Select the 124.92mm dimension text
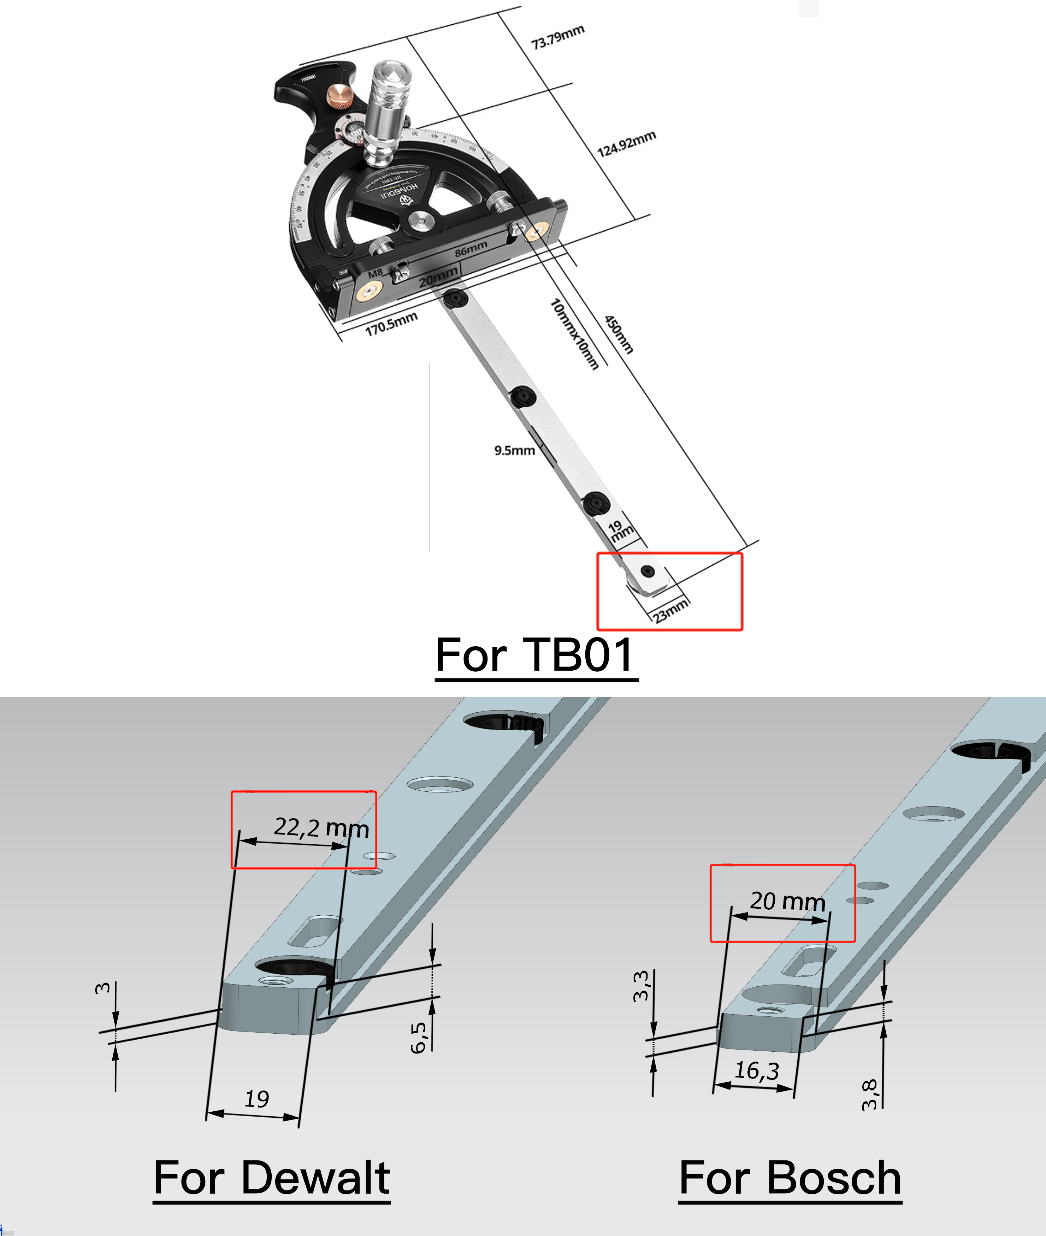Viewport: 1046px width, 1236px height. click(x=626, y=144)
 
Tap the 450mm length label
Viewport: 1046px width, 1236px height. click(x=619, y=334)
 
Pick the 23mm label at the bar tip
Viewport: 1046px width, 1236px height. click(x=670, y=611)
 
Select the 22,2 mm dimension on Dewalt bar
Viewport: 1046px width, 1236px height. click(x=321, y=827)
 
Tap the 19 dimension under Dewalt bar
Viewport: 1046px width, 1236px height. click(x=257, y=1099)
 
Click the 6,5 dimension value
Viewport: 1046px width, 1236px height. click(x=419, y=1038)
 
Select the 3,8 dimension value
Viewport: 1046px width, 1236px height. click(x=869, y=1095)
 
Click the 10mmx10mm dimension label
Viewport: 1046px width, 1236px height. click(x=574, y=334)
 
